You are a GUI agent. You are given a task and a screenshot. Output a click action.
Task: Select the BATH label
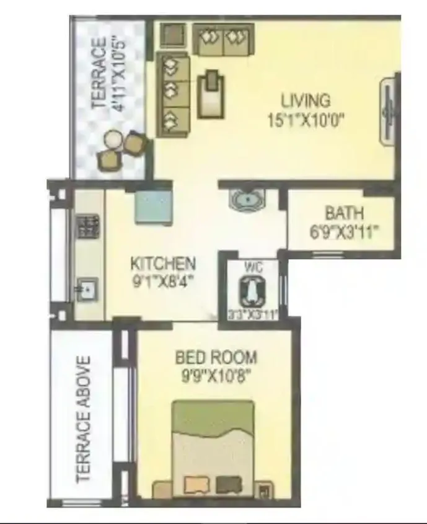344,214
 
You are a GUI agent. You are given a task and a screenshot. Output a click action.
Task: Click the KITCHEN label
162,264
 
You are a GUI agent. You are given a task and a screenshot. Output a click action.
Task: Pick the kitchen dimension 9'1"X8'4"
162,281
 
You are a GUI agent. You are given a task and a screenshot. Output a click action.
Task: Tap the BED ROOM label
216,357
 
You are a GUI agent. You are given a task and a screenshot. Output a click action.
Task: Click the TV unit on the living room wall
389,112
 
